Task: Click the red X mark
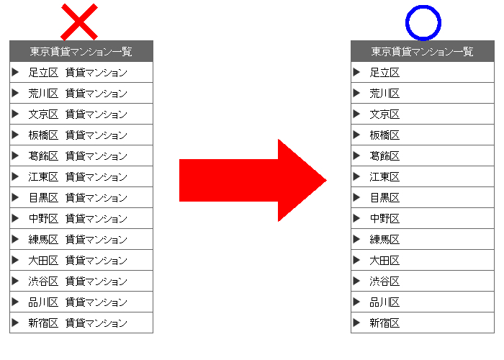pos(79,22)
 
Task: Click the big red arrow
pos(253,180)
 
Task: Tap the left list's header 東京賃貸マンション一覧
pos(81,51)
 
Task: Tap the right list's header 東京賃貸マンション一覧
pos(423,51)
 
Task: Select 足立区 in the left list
pos(43,72)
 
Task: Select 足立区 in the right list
pos(384,72)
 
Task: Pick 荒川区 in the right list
pos(384,93)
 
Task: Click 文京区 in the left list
pos(43,114)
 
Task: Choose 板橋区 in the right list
pos(384,135)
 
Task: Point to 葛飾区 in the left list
pos(43,156)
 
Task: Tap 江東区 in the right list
pos(384,177)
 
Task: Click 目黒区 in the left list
pos(43,198)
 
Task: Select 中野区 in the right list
pos(384,219)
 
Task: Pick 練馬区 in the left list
pos(43,240)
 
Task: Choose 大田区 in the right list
pos(384,261)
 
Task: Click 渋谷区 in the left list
pos(43,282)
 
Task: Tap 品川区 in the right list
pos(384,302)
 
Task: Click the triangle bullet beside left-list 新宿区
pos(15,323)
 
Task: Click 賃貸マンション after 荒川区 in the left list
pos(96,93)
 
